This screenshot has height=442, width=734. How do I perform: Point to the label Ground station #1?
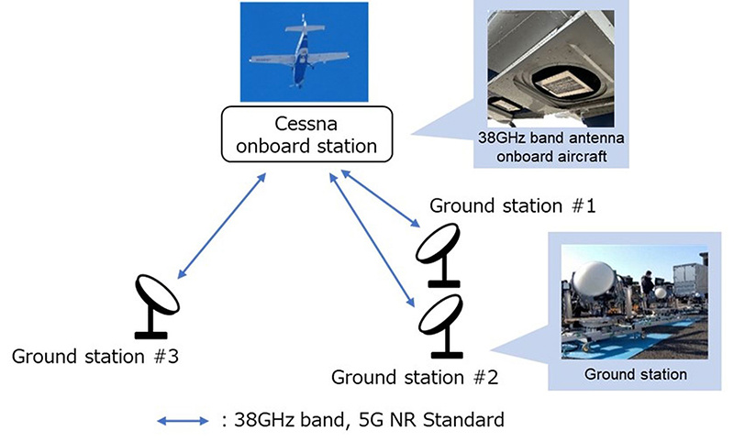(x=513, y=206)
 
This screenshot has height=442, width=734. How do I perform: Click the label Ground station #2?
(x=414, y=376)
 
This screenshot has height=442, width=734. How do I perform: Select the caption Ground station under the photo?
(x=635, y=373)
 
